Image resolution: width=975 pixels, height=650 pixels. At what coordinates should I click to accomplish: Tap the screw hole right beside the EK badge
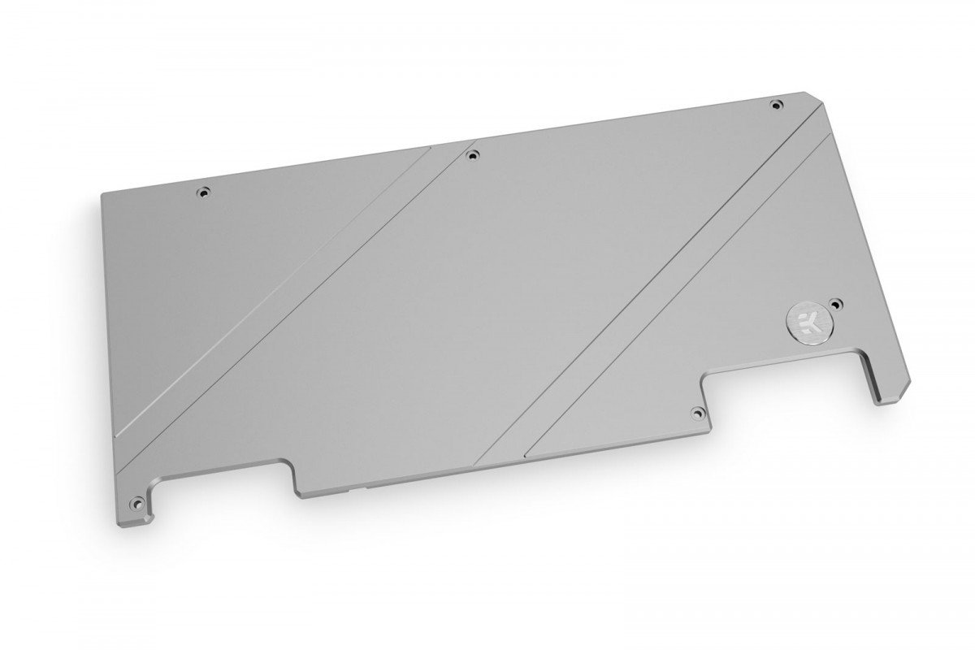[839, 301]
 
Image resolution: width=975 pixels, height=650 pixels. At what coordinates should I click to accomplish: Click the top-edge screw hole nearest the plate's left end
[203, 193]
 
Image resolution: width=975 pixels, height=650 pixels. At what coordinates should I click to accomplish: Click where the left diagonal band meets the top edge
[443, 148]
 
